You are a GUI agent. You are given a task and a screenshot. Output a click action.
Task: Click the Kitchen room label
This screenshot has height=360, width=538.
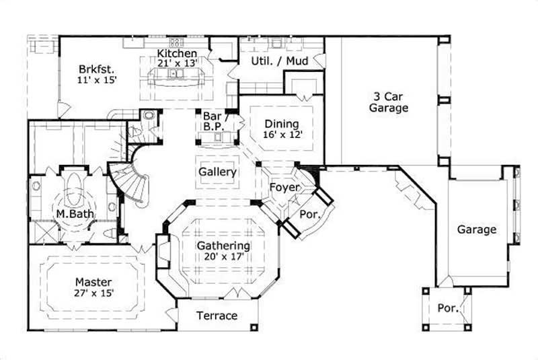pos(177,53)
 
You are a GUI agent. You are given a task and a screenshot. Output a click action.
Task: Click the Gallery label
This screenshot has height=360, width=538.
pos(217,172)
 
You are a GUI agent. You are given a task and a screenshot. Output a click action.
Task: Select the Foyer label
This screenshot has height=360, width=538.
pos(284,188)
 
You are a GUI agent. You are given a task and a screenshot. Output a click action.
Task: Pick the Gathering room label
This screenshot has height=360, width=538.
pos(223,246)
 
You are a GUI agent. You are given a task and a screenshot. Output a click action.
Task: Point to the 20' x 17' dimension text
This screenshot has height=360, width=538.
pos(223,256)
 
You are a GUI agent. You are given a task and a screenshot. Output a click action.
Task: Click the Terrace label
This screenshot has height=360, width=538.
pos(217,316)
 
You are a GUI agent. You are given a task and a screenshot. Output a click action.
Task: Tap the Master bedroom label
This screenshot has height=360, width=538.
pos(93,282)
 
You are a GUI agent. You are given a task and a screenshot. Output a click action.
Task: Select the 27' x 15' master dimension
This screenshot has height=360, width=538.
pos(93,293)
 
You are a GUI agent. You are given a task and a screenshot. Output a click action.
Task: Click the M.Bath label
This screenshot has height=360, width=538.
pos(74,215)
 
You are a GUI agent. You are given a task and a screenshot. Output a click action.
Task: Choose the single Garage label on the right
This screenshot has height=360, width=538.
pos(477,229)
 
